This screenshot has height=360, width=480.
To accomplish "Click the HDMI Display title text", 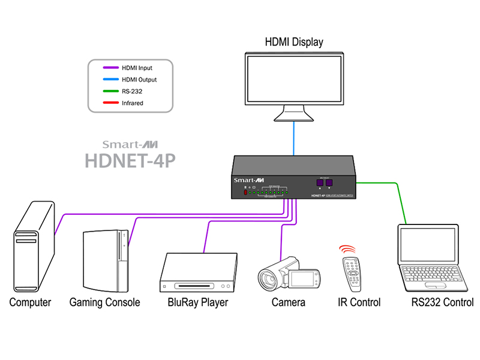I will pos(294,42).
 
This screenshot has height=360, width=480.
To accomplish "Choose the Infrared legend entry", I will pos(132,103).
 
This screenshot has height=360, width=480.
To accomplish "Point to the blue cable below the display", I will pos(294,137).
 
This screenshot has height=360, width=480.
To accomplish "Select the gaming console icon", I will pos(107,257).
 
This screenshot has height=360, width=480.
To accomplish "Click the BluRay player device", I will pos(198,274).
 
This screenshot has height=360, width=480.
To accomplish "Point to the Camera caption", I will pos(288,302).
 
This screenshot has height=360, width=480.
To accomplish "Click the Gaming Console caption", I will pos(104,302).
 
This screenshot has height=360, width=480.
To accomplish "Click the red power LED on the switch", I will pos(245,193).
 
